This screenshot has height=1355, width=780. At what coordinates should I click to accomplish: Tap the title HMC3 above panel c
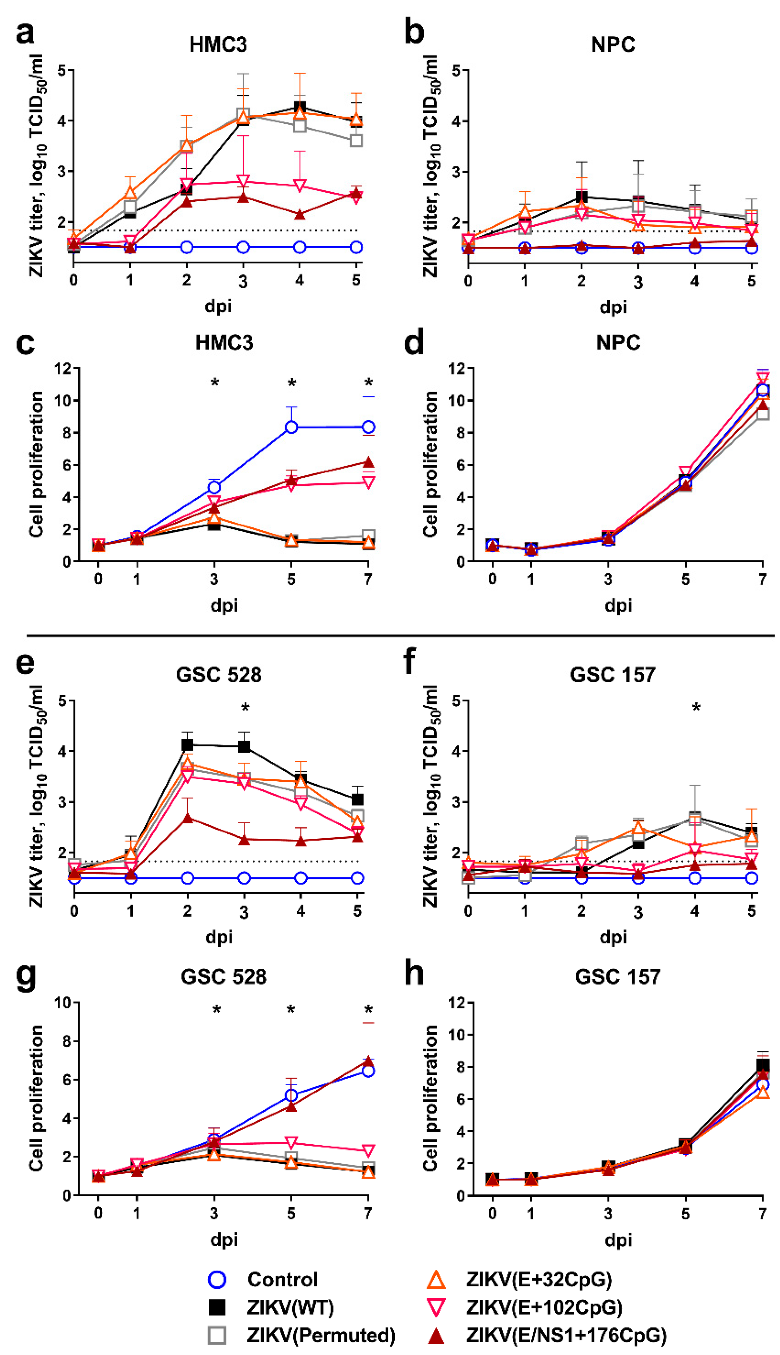click(x=224, y=343)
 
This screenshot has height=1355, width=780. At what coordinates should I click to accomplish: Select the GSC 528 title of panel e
click(x=218, y=674)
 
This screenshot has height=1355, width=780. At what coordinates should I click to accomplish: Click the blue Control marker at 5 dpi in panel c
click(x=291, y=427)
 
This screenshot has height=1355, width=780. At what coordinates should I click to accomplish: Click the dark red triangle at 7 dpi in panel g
click(x=368, y=1061)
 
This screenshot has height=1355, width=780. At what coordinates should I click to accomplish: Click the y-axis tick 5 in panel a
click(x=62, y=70)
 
